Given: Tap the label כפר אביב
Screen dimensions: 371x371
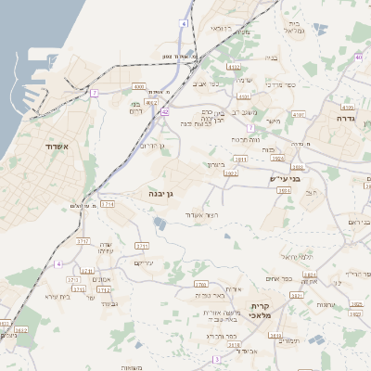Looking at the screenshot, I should coord(205,83).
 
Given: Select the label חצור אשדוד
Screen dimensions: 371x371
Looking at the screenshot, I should coord(201,215).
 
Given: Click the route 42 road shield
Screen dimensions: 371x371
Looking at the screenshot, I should coord(164,111).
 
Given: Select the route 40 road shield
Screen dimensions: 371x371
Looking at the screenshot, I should coord(358,58).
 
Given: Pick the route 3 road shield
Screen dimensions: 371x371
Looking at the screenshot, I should coord(216,358).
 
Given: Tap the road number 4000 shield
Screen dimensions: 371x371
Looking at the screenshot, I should coord(139,85).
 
